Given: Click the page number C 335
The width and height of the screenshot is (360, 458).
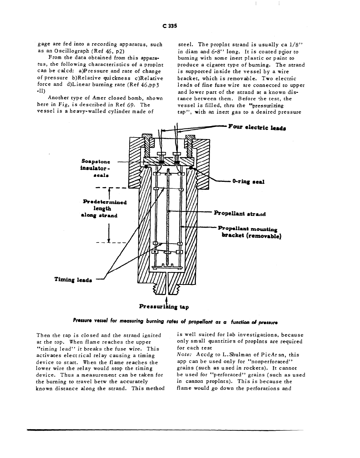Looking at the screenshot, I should coord(170,26).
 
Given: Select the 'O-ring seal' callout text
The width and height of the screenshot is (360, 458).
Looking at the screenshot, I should coord(248,181).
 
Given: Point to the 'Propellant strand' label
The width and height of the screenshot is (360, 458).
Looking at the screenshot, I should coord(240,213).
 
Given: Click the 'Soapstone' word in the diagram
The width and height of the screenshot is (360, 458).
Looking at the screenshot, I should coord(95,161).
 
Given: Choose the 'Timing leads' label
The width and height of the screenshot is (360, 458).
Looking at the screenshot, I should coord(73,280).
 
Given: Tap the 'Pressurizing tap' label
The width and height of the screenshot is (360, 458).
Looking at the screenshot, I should coord(164,306).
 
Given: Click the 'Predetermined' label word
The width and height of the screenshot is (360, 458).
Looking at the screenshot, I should coord(105,202).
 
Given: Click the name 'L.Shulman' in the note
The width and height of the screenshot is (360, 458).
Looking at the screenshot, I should coord(225,355).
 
